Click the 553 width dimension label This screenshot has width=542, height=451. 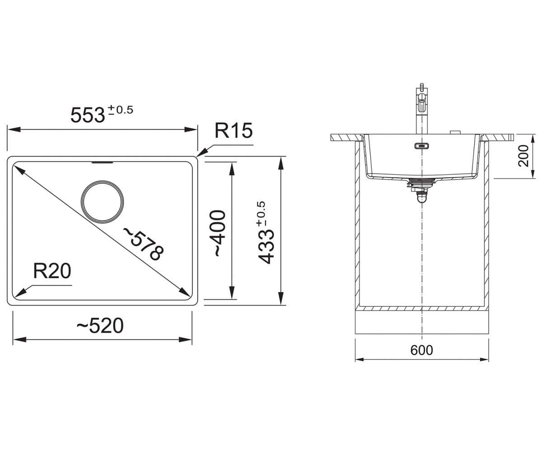click(88, 115)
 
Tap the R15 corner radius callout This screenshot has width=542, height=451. click(234, 130)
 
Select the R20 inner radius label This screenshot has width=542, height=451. click(52, 271)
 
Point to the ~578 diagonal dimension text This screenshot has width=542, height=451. click(144, 244)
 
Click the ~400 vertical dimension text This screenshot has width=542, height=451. click(219, 233)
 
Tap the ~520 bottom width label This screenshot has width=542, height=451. click(100, 326)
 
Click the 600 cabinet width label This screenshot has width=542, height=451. click(422, 350)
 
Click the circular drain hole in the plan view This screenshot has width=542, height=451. click(102, 202)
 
